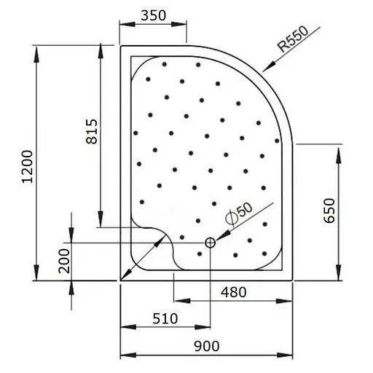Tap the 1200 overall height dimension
click(x=26, y=167)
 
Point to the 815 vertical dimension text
click(x=92, y=131)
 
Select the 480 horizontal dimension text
click(x=233, y=292)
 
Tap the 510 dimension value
click(x=165, y=318)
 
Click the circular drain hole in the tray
click(x=210, y=243)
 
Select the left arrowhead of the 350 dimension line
click(x=125, y=25)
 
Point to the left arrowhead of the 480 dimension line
click(x=178, y=300)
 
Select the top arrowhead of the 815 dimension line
click(x=99, y=50)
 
